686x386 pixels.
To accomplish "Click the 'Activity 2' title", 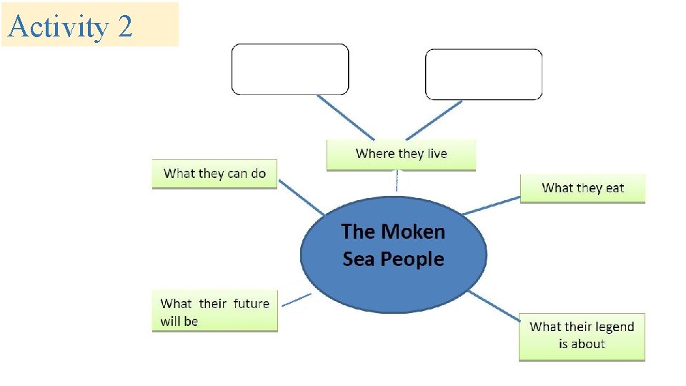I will pyautogui.click(x=70, y=26).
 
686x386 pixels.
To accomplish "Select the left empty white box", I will pyautogui.click(x=290, y=69).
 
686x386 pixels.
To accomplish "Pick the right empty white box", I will pyautogui.click(x=484, y=74).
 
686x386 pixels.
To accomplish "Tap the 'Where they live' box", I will pyautogui.click(x=401, y=154).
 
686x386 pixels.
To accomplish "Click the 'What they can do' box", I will pyautogui.click(x=214, y=174).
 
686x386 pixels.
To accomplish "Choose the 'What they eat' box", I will pyautogui.click(x=582, y=188).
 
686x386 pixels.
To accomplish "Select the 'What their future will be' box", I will pyautogui.click(x=214, y=312).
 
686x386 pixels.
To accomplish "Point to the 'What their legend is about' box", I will pyautogui.click(x=582, y=335).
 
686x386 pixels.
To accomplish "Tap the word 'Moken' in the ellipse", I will pyautogui.click(x=413, y=232).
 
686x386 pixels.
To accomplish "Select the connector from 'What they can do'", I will pyautogui.click(x=300, y=197).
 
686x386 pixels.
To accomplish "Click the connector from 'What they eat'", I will pyautogui.click(x=492, y=205).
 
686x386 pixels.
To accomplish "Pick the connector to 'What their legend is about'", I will pyautogui.click(x=495, y=306).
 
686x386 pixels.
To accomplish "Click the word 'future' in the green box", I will pyautogui.click(x=251, y=304).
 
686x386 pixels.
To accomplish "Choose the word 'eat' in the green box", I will pyautogui.click(x=615, y=188).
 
